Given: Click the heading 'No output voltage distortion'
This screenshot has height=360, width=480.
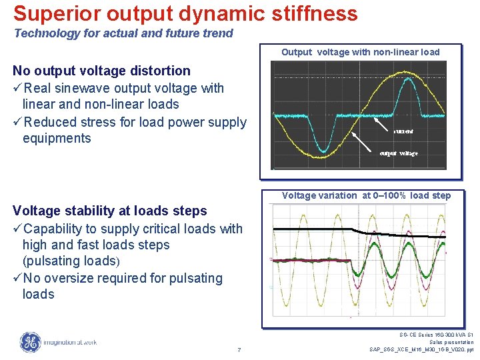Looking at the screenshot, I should [101, 71].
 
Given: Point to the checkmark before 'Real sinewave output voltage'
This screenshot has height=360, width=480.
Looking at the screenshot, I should [17, 88].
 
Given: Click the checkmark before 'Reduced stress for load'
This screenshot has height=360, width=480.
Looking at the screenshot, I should [17, 122].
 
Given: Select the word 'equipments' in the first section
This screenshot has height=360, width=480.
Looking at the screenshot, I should [57, 138].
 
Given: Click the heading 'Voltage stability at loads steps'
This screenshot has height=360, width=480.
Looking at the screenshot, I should [110, 211].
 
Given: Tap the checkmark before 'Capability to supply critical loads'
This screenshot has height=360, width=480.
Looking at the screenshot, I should [17, 229].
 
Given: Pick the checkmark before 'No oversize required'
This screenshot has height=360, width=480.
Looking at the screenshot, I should [17, 278].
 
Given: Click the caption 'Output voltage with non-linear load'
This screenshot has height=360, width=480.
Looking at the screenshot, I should [360, 52].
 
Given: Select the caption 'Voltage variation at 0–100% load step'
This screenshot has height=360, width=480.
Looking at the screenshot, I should [366, 195].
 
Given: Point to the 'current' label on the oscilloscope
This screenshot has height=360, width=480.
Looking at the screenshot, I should [403, 132].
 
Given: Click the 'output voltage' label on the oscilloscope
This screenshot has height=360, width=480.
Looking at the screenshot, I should [399, 153].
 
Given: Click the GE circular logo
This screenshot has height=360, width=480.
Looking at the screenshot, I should [30, 342].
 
